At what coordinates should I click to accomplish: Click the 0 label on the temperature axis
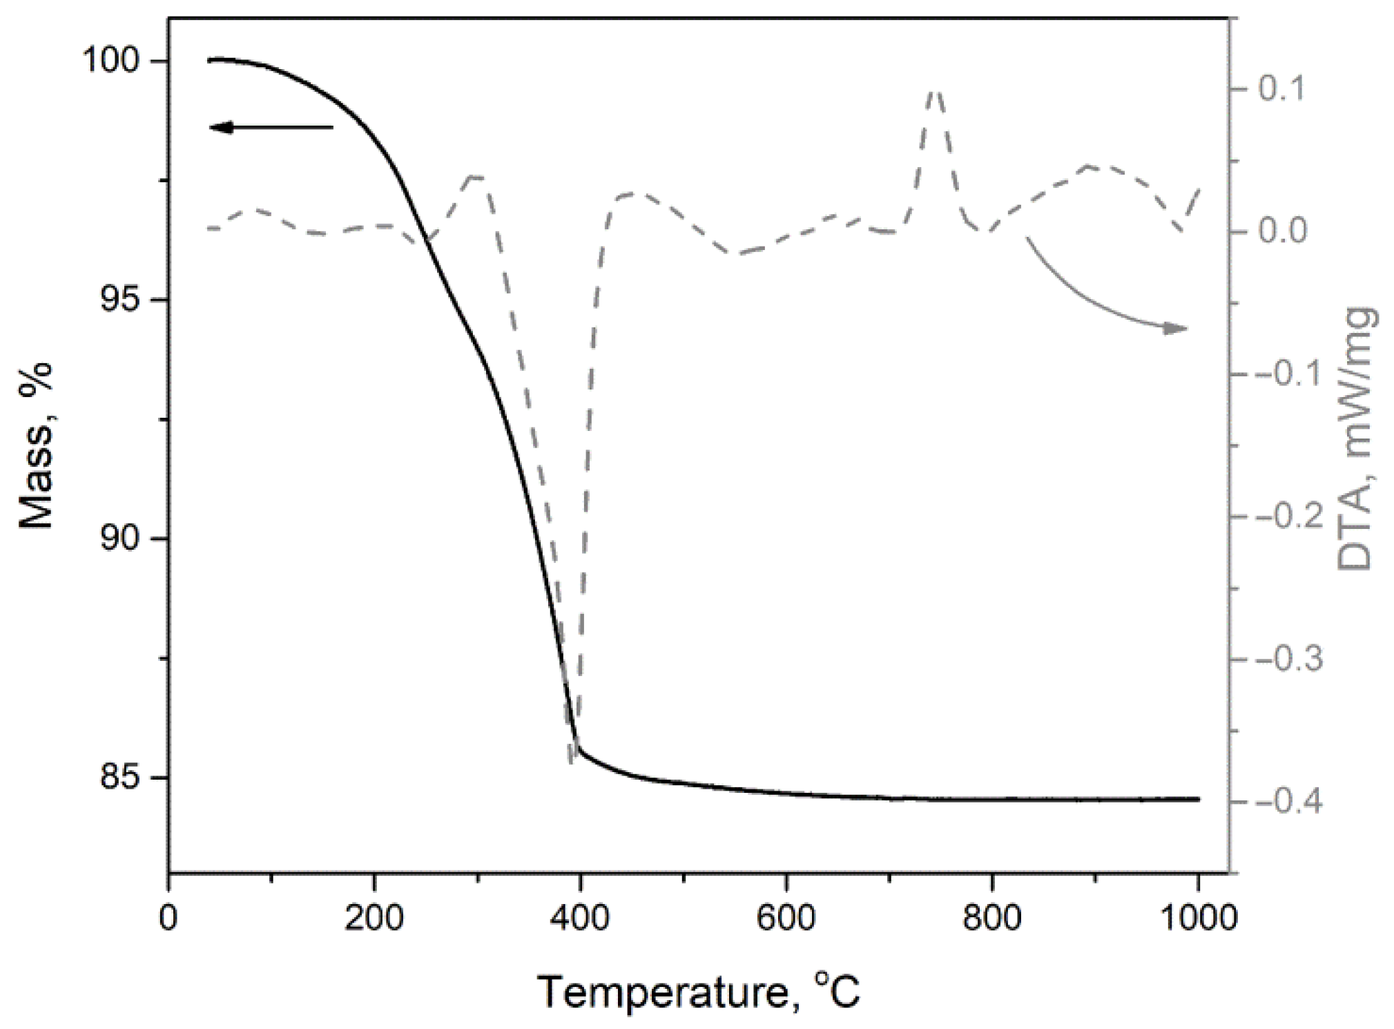tap(168, 919)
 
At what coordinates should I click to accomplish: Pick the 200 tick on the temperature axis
tap(374, 919)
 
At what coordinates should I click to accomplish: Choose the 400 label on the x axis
tap(580, 919)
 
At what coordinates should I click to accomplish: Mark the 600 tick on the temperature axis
tap(786, 919)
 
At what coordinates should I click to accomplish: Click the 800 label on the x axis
tap(991, 919)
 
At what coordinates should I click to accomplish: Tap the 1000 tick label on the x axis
tap(1197, 919)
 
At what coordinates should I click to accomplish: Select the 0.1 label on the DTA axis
tap(1283, 89)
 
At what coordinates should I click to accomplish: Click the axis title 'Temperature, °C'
tap(699, 992)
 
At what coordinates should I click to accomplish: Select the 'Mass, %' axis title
tap(36, 445)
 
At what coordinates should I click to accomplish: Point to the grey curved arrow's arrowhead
tap(1175, 329)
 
